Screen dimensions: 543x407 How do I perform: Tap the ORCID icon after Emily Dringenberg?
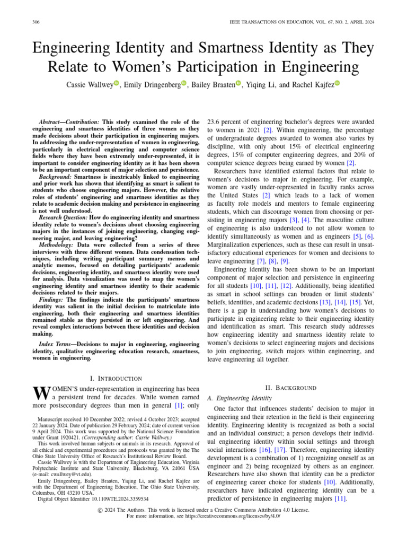click(x=184, y=83)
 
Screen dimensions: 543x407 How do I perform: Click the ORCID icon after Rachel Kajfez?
click(x=337, y=83)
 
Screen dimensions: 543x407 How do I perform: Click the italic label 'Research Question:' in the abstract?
click(x=63, y=217)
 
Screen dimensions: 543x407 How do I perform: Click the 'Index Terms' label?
click(x=56, y=345)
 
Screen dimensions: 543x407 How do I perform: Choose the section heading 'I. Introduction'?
click(x=116, y=378)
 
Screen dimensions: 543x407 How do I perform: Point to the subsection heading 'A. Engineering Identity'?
click(x=238, y=398)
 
